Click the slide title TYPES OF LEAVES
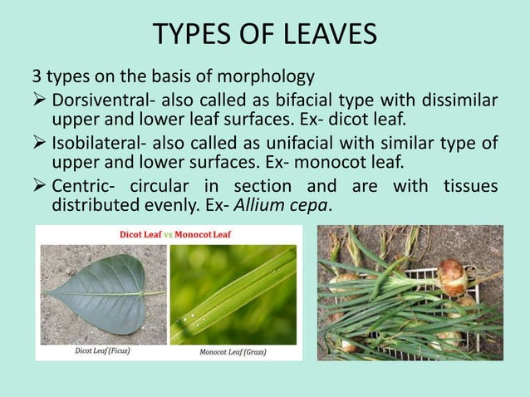pos(265,35)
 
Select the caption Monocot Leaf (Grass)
pos(238,351)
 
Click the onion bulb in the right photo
pos(453,275)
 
